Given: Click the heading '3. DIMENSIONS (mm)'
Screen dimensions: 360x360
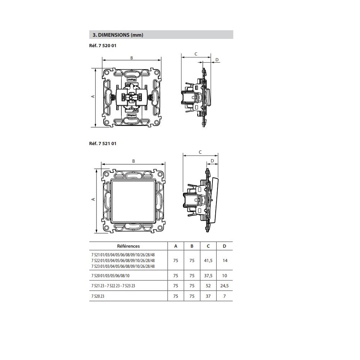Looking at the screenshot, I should tap(118, 35).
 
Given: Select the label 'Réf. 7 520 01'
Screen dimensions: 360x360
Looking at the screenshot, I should tap(103, 46).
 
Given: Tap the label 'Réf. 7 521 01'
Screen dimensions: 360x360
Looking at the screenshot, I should tap(103, 143).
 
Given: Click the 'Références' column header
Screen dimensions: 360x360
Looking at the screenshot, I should tap(129, 246).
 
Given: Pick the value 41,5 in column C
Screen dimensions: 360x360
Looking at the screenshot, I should tap(208, 260).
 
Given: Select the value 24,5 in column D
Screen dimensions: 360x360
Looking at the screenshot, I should tap(225, 286).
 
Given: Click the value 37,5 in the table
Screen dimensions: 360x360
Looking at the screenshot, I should tap(208, 275).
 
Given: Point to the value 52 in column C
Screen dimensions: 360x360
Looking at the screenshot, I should tap(208, 286).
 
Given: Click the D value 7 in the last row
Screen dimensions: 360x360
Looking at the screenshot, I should tap(225, 296).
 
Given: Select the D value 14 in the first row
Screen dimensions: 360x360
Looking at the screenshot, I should tap(225, 260).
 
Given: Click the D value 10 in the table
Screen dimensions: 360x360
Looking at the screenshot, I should tap(225, 275).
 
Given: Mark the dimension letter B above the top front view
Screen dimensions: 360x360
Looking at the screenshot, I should tap(132, 58).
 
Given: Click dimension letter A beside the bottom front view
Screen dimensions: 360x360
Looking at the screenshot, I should tap(93, 199).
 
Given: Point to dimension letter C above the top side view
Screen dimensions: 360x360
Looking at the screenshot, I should tap(196, 54).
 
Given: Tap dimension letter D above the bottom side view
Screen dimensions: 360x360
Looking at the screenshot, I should tap(212, 161).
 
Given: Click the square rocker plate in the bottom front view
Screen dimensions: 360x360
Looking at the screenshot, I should tap(134, 200).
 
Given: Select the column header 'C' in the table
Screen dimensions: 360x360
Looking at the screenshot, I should tap(208, 246).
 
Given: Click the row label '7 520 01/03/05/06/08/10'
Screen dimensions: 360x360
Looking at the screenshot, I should tap(110, 275).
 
